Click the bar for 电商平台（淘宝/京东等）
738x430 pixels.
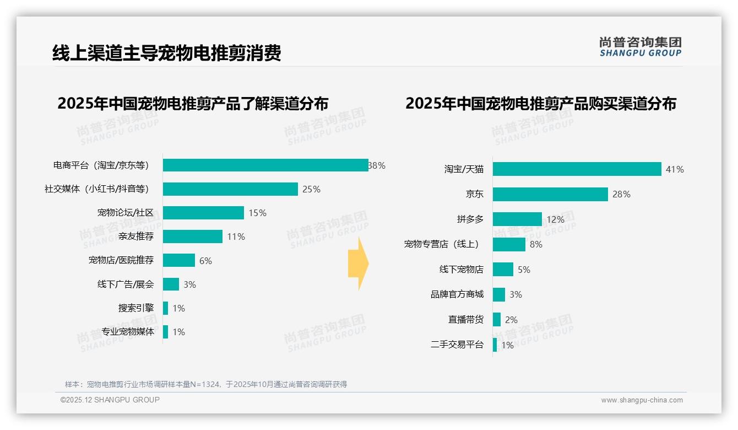pos(265,165)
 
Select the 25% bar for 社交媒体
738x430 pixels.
pos(230,189)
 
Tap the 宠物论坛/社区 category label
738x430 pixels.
pos(126,213)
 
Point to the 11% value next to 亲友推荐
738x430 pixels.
pos(236,237)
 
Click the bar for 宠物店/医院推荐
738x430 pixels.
pos(179,260)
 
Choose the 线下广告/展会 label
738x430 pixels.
pos(126,284)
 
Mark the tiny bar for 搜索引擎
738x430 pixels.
pos(165,308)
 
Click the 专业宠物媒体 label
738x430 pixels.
pos(128,332)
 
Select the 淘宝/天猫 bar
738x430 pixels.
pos(577,169)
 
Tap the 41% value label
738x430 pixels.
pos(675,169)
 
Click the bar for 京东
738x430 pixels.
pos(550,194)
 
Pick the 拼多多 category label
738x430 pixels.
pos(470,219)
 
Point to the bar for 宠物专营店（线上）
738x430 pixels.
pos(509,244)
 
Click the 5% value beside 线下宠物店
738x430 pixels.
pos(524,270)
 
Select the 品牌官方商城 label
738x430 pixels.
pos(457,294)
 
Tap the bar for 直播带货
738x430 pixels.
pos(497,320)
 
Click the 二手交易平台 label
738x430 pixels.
pos(457,345)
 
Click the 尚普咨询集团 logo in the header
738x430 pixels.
pos(640,46)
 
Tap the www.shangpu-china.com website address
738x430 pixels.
pos(642,400)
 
